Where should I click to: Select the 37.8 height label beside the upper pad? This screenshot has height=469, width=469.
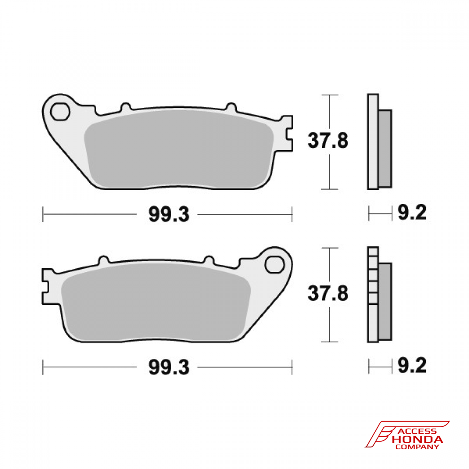[x=327, y=140]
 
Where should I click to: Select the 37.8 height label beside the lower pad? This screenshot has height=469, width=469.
[x=327, y=294]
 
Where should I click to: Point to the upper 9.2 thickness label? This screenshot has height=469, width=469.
[x=412, y=213]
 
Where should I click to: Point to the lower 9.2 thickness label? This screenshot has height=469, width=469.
[x=412, y=365]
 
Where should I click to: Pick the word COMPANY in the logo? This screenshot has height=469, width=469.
[x=418, y=447]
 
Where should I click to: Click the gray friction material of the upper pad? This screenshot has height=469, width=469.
[x=178, y=150]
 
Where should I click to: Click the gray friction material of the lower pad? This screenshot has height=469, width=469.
[x=155, y=303]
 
